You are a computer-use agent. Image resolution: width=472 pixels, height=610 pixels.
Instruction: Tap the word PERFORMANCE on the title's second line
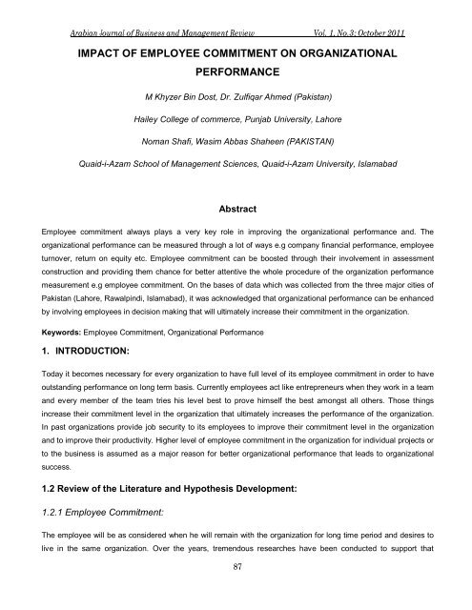236,71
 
